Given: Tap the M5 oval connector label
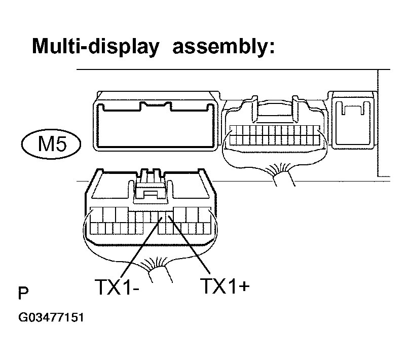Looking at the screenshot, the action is (51, 144).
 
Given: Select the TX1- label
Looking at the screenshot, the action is (117, 286).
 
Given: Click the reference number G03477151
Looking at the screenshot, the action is (51, 317).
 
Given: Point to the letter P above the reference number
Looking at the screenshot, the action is (23, 293).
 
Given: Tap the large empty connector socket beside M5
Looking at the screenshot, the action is (156, 121).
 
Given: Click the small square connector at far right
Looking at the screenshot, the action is (353, 120).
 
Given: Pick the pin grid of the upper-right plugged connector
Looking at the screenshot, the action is (275, 135).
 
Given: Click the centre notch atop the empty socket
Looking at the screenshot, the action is (156, 105).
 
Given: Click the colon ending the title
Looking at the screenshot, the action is (272, 48).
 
